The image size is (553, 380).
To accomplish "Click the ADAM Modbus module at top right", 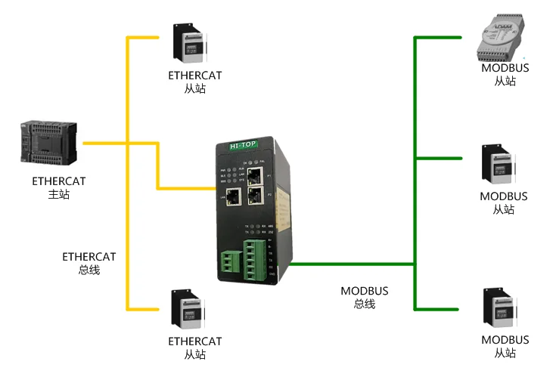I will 503,41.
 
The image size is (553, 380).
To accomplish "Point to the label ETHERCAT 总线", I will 89,263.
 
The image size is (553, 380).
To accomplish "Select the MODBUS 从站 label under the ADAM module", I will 505,74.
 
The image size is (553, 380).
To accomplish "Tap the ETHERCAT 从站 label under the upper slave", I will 195,82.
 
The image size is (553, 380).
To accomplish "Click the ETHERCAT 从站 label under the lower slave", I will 195,348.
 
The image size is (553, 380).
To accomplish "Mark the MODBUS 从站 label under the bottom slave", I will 505,347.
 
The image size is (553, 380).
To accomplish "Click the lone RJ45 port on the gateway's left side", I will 232,197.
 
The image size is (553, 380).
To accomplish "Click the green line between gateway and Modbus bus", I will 352,264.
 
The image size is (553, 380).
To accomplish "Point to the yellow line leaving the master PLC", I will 104,143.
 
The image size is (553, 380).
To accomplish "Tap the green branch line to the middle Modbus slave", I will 439,159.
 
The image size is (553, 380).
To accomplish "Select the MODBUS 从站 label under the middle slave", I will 505,202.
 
